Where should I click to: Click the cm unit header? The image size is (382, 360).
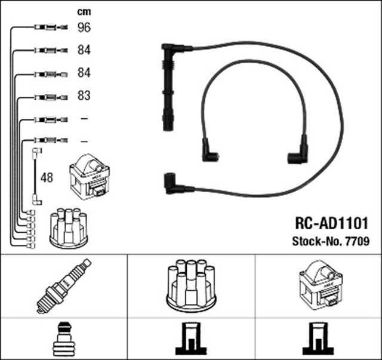click(85, 11)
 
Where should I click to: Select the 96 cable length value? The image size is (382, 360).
click(85, 27)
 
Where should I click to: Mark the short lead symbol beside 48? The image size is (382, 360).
click(36, 177)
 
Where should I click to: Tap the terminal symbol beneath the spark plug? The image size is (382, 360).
click(63, 340)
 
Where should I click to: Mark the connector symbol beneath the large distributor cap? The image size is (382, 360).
click(190, 340)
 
